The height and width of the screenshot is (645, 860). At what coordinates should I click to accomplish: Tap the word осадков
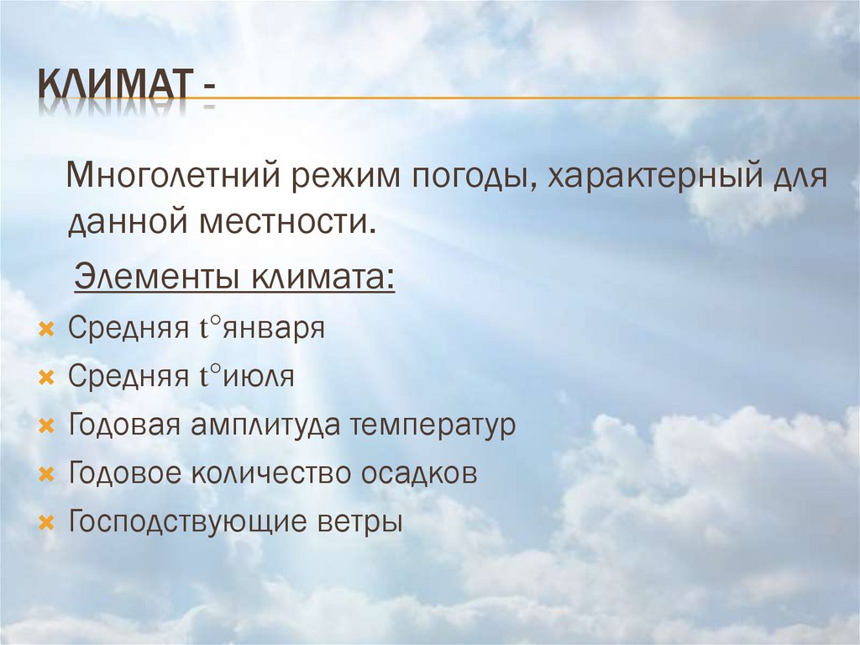[420, 473]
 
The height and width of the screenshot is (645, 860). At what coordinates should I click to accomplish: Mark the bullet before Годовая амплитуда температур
[45, 426]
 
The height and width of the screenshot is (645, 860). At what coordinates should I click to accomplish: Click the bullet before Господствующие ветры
[45, 522]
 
